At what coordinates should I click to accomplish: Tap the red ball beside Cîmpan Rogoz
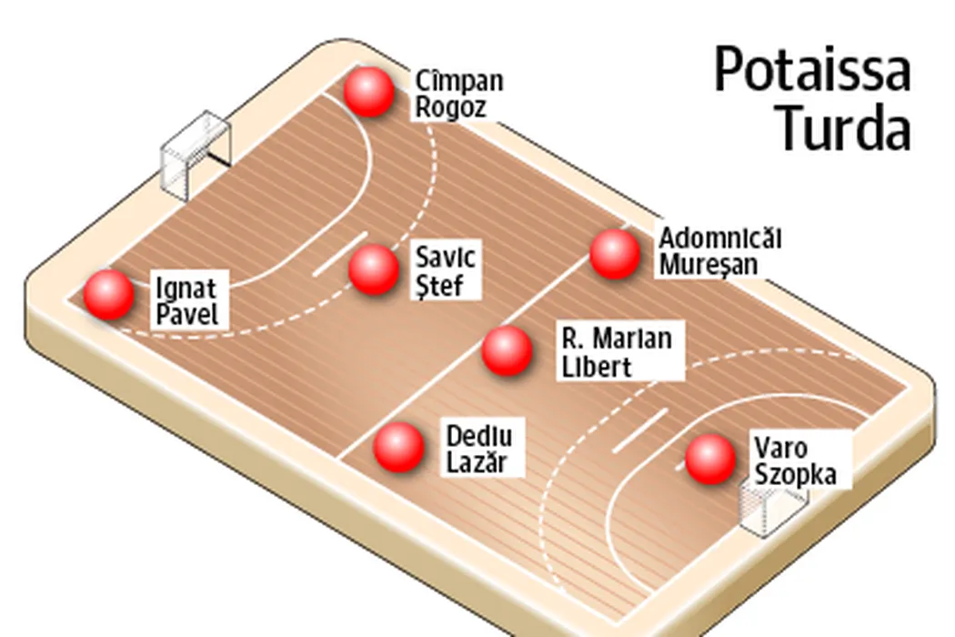(x=369, y=92)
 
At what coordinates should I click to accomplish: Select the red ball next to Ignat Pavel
(x=109, y=295)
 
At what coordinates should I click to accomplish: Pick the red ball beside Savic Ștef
(x=373, y=270)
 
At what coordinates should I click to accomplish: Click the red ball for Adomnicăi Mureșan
(x=615, y=254)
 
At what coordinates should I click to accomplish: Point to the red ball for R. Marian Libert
(x=507, y=350)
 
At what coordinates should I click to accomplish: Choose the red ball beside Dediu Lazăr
(x=399, y=447)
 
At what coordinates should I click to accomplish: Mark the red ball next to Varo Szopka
(x=710, y=459)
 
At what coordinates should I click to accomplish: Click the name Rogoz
(x=451, y=107)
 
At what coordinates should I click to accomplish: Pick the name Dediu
(x=479, y=435)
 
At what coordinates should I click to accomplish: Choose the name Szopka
(x=795, y=475)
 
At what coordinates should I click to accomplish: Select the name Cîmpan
(x=458, y=81)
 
